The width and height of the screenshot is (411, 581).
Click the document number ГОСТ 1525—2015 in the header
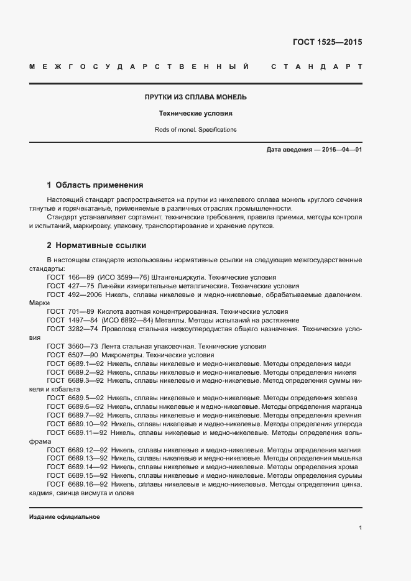click(327, 42)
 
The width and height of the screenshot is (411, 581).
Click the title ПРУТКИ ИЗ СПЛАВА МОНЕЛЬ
click(196, 97)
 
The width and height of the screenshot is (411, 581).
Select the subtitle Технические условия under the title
click(196, 114)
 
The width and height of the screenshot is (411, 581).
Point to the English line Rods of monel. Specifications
click(196, 130)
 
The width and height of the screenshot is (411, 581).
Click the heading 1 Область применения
click(95, 185)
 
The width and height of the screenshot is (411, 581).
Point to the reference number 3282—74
click(83, 329)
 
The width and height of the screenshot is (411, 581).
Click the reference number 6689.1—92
click(86, 364)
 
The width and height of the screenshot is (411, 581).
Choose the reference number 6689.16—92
click(88, 484)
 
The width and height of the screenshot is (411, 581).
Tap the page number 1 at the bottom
click(360, 528)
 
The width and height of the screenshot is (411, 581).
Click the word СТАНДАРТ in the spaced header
click(316, 66)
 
